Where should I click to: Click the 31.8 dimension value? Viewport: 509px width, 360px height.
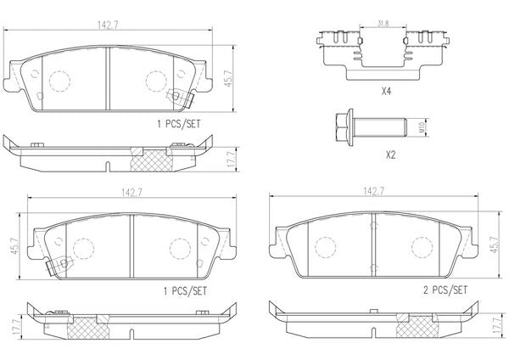(x=383, y=24)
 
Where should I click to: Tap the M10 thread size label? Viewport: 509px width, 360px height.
(x=422, y=127)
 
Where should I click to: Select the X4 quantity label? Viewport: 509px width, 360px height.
(x=386, y=92)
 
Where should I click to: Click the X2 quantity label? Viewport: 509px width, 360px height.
(x=390, y=155)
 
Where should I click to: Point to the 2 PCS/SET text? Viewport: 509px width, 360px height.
(x=445, y=290)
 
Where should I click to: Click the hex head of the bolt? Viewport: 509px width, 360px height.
(x=342, y=127)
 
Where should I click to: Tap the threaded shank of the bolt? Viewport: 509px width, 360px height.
(x=379, y=127)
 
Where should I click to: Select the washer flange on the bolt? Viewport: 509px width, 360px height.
(x=350, y=127)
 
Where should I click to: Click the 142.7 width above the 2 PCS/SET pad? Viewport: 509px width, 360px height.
(x=373, y=191)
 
